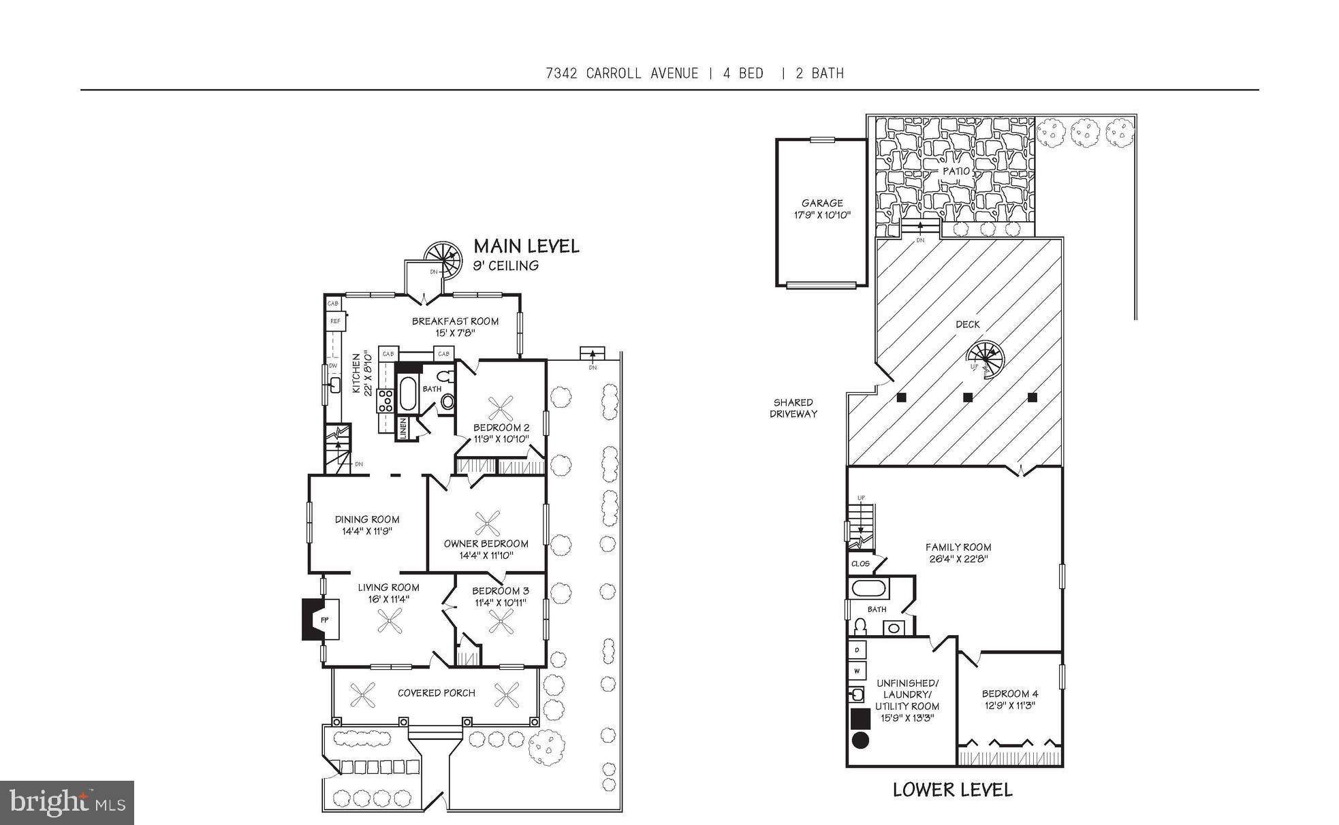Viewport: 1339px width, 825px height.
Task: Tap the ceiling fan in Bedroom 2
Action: [x=501, y=409]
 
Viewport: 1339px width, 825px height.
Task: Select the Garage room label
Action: [x=822, y=203]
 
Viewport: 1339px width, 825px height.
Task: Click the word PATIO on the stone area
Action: [x=956, y=171]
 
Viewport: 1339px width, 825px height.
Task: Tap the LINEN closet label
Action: [x=403, y=429]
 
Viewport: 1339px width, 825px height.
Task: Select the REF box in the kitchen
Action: [x=335, y=321]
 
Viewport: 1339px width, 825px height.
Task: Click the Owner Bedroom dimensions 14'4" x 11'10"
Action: [x=486, y=555]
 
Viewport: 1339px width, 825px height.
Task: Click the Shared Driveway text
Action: [x=793, y=408]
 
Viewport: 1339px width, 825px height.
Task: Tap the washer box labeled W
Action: [x=857, y=671]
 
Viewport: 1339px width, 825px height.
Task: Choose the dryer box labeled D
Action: [x=857, y=650]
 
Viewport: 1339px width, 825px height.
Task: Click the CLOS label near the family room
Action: [x=860, y=564]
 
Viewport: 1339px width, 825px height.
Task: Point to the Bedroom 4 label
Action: [x=1009, y=694]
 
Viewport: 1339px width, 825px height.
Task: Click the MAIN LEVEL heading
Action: [x=526, y=246]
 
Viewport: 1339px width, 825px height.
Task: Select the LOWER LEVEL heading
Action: [x=952, y=790]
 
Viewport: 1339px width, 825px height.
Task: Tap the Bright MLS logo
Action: [x=67, y=802]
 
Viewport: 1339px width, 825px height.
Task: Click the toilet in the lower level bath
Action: [x=860, y=626]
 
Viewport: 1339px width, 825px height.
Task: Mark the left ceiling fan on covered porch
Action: [x=363, y=695]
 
